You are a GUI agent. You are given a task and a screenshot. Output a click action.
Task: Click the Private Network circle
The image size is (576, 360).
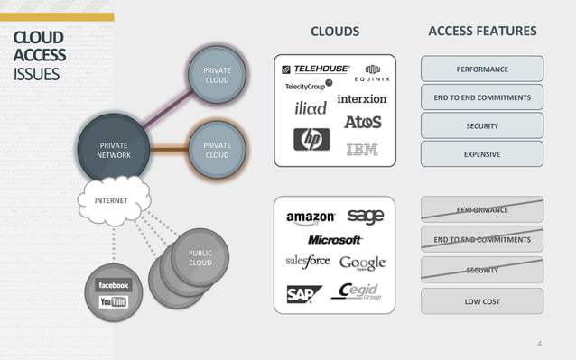coord(113,150)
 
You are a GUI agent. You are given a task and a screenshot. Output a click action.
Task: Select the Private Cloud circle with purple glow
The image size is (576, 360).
coord(217,75)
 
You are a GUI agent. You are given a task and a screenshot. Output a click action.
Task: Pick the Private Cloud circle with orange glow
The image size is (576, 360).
coord(217,150)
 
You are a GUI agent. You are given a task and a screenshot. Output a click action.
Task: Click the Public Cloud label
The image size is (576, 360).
coord(200,258)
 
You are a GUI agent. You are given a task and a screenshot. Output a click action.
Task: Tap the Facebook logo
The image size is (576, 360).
coord(114,285)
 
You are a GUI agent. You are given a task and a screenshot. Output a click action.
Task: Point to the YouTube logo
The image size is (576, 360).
coord(114,301)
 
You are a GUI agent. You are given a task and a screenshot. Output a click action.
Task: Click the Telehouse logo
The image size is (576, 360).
coord(315,69)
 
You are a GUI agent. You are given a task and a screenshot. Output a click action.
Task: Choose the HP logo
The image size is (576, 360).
coord(311,139)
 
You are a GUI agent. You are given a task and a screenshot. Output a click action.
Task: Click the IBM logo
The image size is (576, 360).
coord(362,149)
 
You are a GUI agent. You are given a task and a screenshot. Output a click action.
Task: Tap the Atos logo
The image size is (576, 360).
coord(362,121)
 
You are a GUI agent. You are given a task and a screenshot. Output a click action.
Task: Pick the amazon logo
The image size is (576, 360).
coord(311,217)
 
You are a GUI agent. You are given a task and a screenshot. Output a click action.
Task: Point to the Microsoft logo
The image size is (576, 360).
coord(335,240)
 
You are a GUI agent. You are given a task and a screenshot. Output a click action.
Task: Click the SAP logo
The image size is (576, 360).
coord(304,294)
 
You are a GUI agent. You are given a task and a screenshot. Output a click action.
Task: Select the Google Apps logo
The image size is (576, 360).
coord(363,263)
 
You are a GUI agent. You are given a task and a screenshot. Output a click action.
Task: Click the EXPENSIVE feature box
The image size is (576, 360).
coord(481,154)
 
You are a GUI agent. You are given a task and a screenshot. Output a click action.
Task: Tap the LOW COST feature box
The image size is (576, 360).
coord(481,301)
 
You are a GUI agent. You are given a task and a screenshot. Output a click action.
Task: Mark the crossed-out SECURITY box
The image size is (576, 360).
coord(481,270)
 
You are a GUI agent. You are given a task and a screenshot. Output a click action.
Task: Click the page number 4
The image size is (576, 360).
coord(539,344)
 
